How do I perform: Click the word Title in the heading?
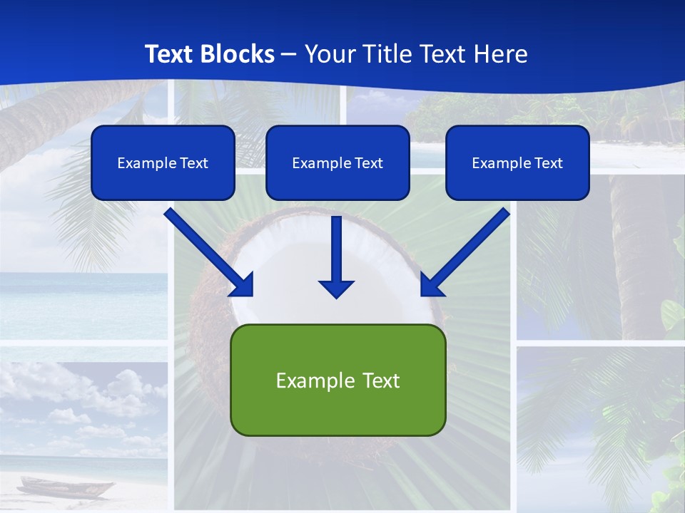[x=385, y=54]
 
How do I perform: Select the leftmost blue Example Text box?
[x=163, y=162]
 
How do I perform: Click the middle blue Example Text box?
[x=338, y=162]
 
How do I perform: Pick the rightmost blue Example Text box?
[x=517, y=162]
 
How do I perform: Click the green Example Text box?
[x=338, y=380]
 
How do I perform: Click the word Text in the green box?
[x=380, y=380]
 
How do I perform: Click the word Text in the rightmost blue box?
[x=548, y=163]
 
